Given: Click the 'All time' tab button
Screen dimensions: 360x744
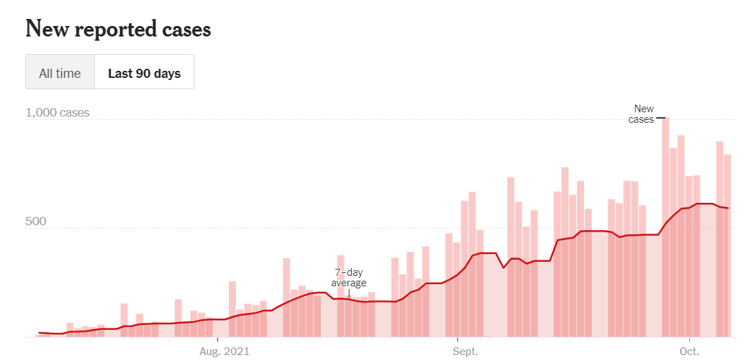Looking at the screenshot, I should click(x=60, y=73).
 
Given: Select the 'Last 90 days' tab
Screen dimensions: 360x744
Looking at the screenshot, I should click(x=144, y=73).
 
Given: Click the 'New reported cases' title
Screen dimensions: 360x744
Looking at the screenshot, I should click(x=118, y=29).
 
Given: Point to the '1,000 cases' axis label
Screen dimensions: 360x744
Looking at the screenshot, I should click(x=58, y=112).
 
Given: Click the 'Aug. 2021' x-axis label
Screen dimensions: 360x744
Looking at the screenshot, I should click(x=224, y=351).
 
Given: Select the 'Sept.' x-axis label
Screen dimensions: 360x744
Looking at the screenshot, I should click(x=465, y=351).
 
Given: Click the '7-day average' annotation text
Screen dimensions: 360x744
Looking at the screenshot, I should click(x=349, y=277).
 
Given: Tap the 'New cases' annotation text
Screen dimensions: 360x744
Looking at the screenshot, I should click(x=642, y=114).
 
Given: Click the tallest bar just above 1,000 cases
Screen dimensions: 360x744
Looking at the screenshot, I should click(x=665, y=211).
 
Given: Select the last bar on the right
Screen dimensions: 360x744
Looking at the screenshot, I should click(x=728, y=246).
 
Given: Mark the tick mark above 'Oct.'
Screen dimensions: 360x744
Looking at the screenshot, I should click(x=690, y=340).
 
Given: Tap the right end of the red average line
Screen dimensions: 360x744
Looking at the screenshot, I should click(x=728, y=208).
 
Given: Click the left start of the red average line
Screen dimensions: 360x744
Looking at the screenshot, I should click(x=39, y=333).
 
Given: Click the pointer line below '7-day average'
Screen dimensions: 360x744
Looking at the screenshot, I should click(x=349, y=293).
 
